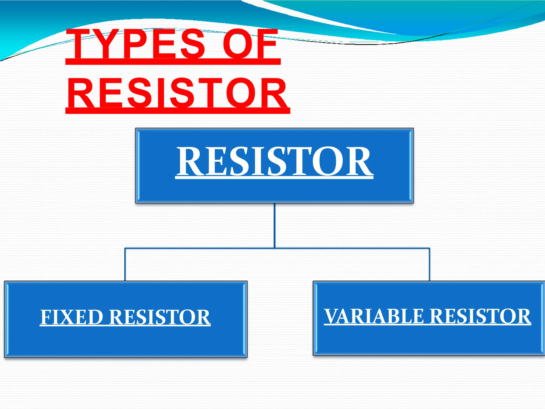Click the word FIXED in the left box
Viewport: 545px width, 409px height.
pos(72,317)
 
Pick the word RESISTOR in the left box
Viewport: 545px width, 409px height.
pos(160,317)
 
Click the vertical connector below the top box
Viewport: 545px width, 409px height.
pos(275,225)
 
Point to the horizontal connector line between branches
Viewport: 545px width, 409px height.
pos(200,248)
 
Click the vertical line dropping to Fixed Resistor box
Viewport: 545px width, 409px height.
pos(125,265)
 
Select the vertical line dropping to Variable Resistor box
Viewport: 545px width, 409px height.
pos(430,265)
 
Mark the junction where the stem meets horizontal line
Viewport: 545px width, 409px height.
pos(275,248)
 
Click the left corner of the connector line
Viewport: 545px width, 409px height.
pos(125,248)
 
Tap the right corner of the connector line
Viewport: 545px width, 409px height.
pos(430,248)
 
